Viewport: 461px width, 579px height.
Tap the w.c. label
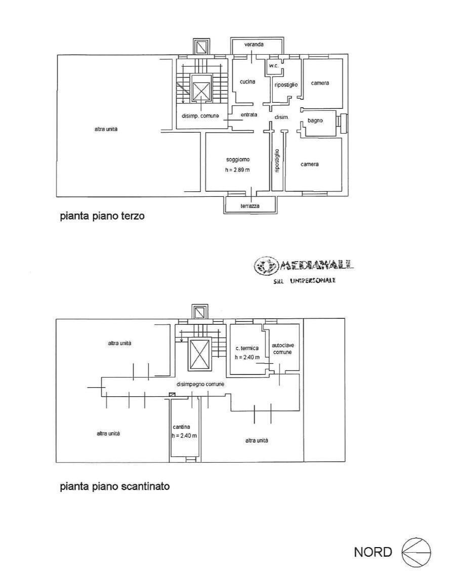(274, 66)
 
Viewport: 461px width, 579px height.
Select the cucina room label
(247, 81)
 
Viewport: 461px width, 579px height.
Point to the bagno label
(315, 120)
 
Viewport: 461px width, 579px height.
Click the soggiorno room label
(237, 159)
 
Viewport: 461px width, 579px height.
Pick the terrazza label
(250, 206)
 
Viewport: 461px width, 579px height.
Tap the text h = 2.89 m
(237, 170)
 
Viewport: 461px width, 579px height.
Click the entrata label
(249, 115)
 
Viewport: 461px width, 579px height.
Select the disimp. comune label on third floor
(200, 116)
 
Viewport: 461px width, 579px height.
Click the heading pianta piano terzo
(102, 216)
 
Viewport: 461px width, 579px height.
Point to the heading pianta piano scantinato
(114, 487)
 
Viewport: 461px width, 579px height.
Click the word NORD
(373, 552)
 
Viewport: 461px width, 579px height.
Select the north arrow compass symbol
(416, 552)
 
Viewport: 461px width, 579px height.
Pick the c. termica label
(247, 348)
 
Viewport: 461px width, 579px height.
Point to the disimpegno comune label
(200, 384)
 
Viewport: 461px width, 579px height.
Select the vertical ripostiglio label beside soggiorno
(277, 161)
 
